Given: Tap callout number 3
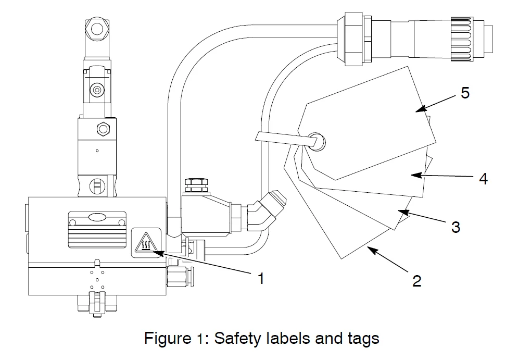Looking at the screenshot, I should point(456,227).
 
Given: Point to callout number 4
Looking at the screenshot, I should point(483,179).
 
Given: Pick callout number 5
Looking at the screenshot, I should point(465,93).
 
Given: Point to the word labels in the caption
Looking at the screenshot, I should point(285,339).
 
